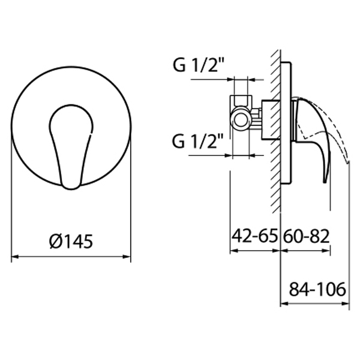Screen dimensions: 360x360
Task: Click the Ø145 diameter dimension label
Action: [71, 241]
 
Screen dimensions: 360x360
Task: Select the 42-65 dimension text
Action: [254, 236]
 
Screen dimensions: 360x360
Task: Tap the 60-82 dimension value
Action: [307, 236]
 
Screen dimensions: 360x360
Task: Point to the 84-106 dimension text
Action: [317, 289]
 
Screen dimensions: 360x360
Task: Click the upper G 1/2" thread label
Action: [199, 65]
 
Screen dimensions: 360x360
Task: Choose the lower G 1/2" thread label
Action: [197, 141]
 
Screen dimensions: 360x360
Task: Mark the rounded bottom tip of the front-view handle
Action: [71, 189]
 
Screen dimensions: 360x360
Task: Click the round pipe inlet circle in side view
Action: [241, 120]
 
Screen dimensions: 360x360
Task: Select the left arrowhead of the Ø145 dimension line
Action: [14, 257]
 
